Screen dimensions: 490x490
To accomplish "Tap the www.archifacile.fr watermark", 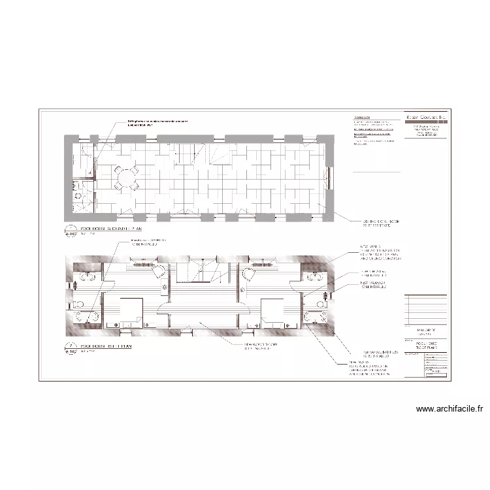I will pyautogui.click(x=451, y=410).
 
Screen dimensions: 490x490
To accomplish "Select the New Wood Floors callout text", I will pyautogui.click(x=261, y=346).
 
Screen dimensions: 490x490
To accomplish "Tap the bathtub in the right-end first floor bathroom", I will pyautogui.click(x=318, y=278).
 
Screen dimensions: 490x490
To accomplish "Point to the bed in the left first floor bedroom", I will pyautogui.click(x=130, y=311).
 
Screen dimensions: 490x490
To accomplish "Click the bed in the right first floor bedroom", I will pyautogui.click(x=274, y=311).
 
